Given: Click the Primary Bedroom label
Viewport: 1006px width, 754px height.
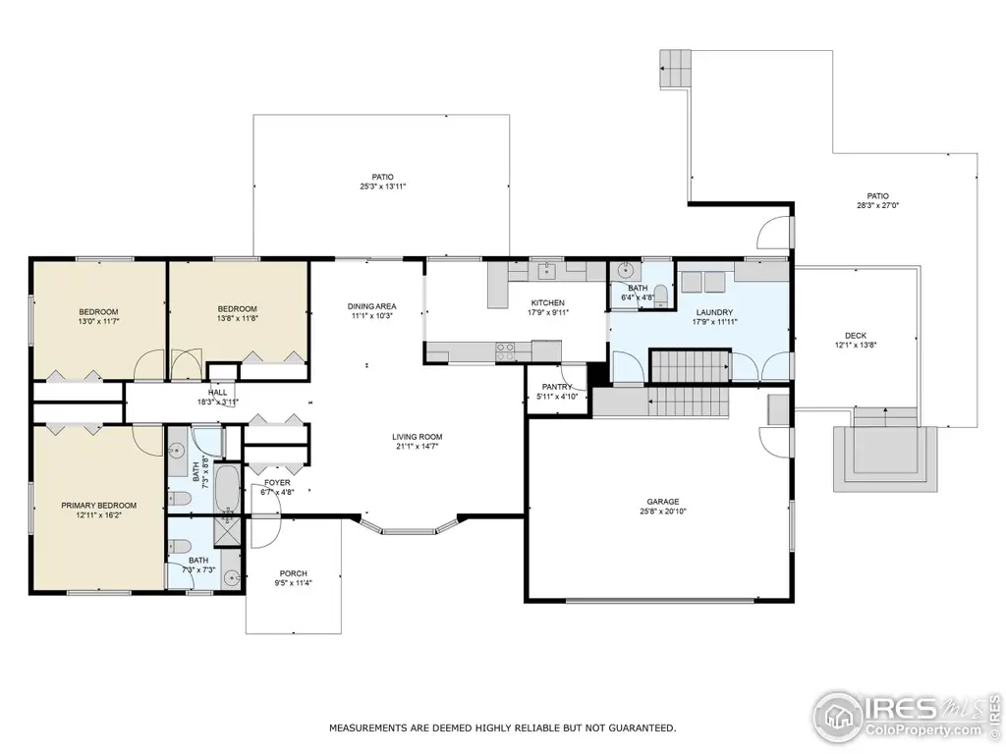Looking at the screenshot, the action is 99,506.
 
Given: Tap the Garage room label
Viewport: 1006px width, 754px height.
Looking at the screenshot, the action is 663,502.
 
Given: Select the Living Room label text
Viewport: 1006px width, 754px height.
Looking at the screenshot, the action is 417,437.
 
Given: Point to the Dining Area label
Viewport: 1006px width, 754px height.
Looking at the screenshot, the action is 371,306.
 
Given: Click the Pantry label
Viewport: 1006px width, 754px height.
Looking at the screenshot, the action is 556,387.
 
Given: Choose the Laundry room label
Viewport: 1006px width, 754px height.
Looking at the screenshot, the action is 714,312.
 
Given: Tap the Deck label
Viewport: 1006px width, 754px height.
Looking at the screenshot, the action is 856,336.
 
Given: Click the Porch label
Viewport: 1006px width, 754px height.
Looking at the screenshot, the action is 293,573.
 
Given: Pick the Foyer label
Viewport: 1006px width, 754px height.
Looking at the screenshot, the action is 277,483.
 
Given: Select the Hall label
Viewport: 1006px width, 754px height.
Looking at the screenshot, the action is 217,393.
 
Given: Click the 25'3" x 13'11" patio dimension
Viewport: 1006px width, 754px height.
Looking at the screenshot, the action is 383,187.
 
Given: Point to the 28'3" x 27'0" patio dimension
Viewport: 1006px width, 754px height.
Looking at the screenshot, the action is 877,206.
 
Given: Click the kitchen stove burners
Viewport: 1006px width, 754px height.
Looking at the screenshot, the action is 505,351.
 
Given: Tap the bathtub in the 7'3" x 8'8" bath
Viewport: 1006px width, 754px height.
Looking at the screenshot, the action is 227,488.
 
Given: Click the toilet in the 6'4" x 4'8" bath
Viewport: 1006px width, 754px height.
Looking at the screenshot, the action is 661,296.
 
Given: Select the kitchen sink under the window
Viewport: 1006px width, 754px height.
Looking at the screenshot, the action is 546,271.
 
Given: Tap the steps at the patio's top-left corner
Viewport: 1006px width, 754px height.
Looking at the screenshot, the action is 676,69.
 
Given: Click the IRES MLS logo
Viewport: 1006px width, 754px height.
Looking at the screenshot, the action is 906,716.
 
